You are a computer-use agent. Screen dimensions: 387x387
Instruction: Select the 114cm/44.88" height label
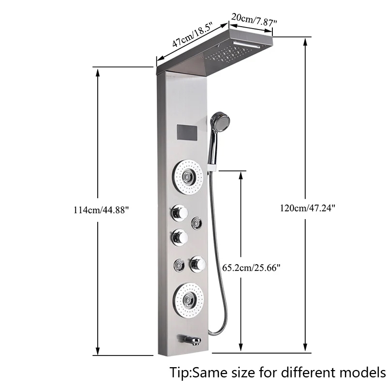coord(101,210)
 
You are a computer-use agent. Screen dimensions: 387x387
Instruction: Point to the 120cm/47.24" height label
coord(307,208)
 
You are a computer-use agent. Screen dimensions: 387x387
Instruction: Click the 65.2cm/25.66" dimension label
coord(251,268)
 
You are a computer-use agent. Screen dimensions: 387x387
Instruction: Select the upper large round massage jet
coord(188,177)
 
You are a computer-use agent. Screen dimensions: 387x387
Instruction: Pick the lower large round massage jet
coord(188,300)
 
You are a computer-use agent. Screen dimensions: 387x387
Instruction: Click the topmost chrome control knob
coord(179,213)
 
